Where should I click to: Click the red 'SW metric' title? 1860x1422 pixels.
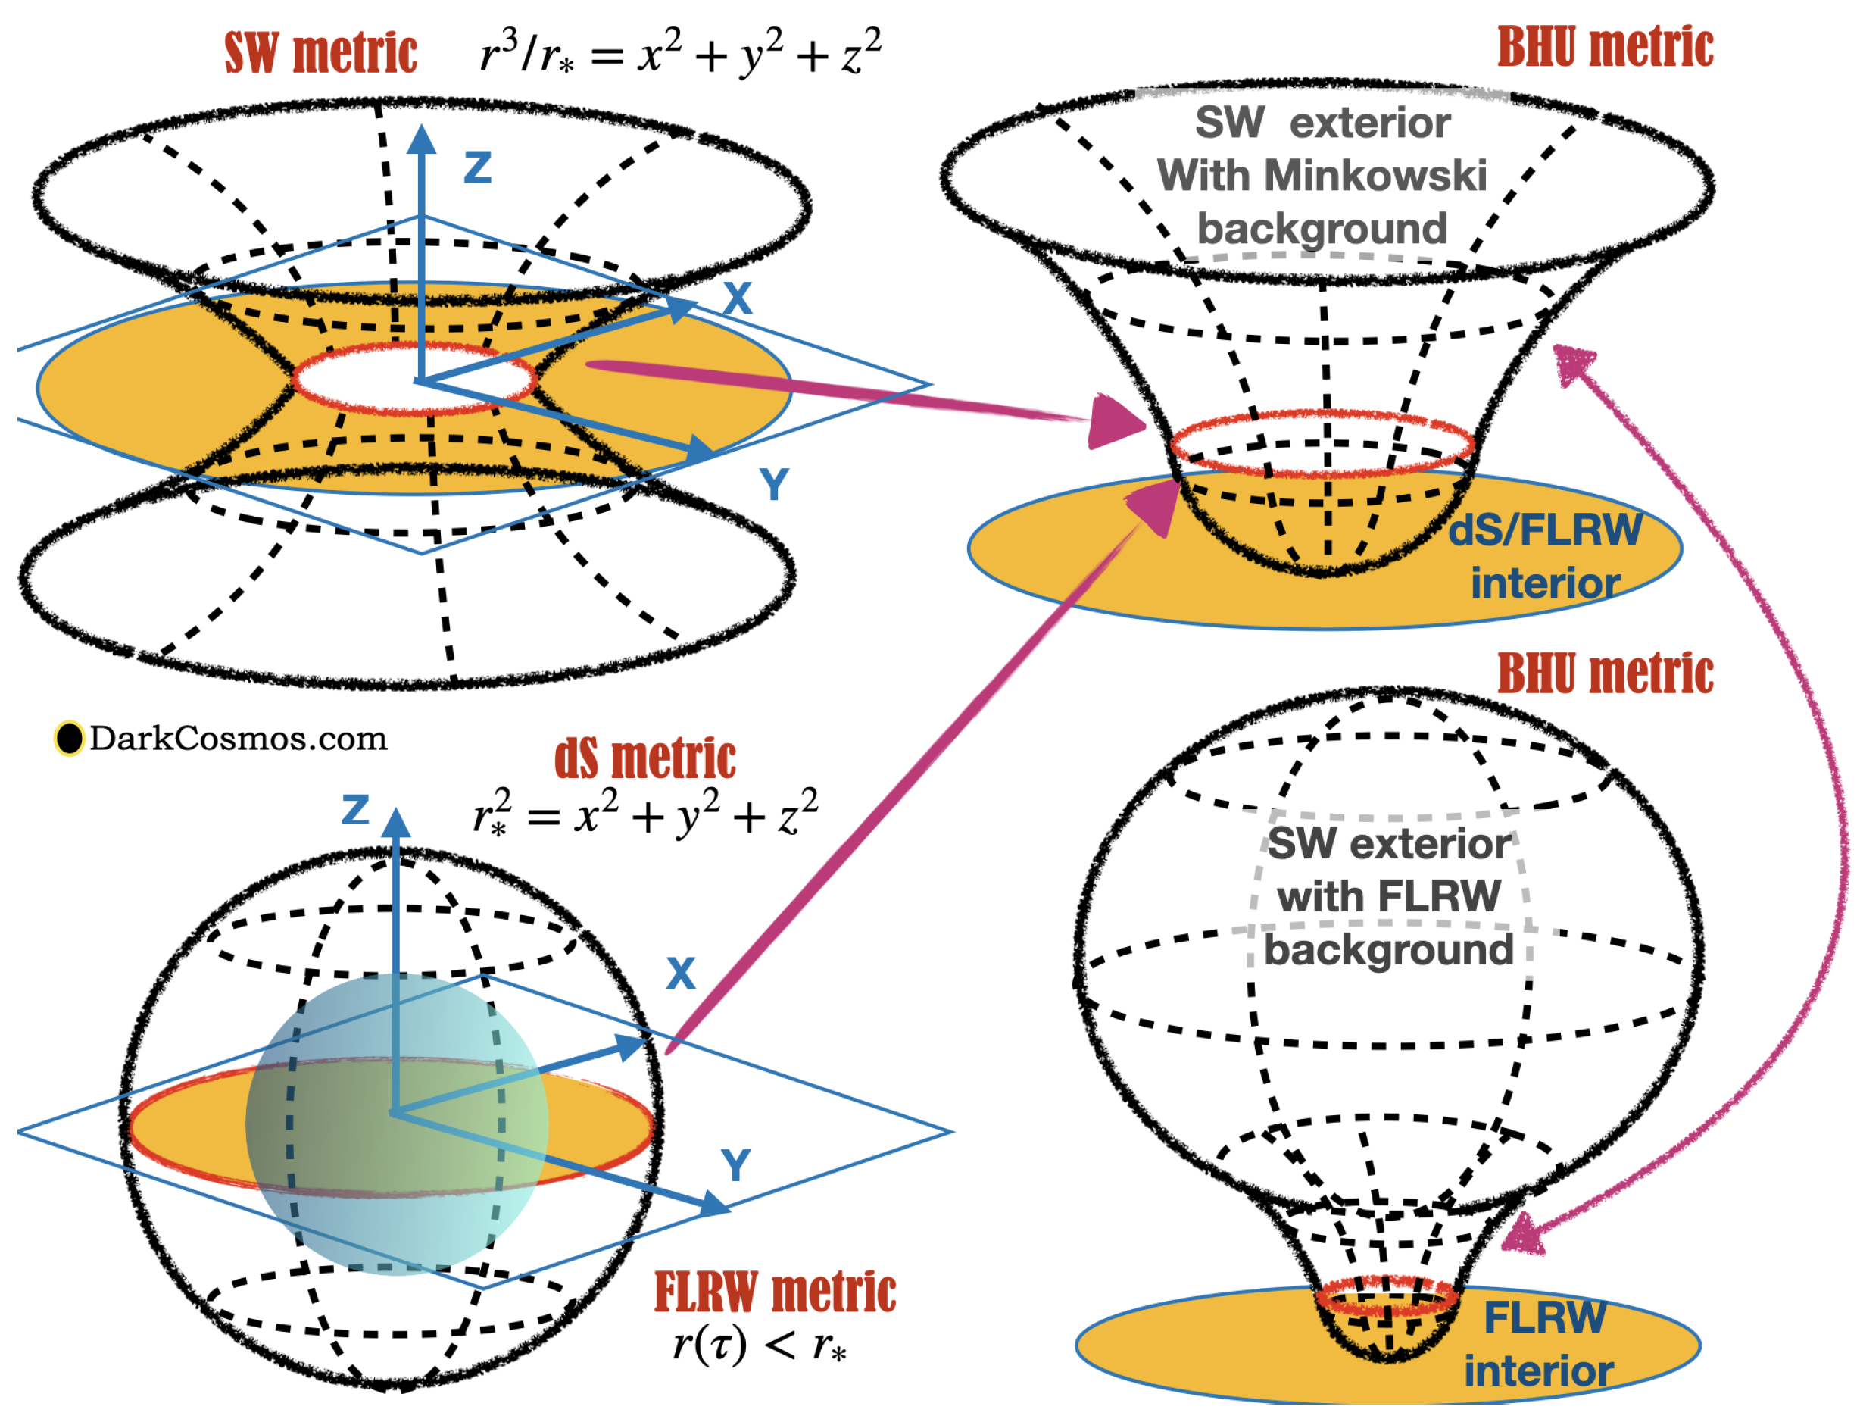pos(320,52)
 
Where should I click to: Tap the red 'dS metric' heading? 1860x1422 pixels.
pos(644,758)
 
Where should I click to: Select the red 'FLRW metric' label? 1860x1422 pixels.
pos(774,1292)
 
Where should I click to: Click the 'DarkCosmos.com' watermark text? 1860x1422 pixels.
pos(239,738)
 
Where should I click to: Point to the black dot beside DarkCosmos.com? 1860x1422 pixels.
pos(70,738)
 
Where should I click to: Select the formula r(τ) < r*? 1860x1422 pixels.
pos(759,1343)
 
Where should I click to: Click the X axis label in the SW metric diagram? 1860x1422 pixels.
pos(738,298)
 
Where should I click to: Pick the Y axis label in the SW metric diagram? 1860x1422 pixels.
pos(773,485)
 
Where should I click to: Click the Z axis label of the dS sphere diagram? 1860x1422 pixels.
pos(355,810)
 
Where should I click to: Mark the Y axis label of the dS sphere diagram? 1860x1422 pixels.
pos(735,1165)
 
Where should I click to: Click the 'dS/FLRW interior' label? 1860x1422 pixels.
pos(1544,557)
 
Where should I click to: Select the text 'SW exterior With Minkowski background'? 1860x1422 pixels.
pos(1321,176)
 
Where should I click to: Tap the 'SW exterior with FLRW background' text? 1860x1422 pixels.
pos(1388,896)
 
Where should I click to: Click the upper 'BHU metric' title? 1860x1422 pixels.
pos(1606,48)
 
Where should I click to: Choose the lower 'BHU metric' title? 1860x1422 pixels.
pos(1606,673)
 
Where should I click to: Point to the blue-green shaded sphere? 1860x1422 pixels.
pos(396,1124)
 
